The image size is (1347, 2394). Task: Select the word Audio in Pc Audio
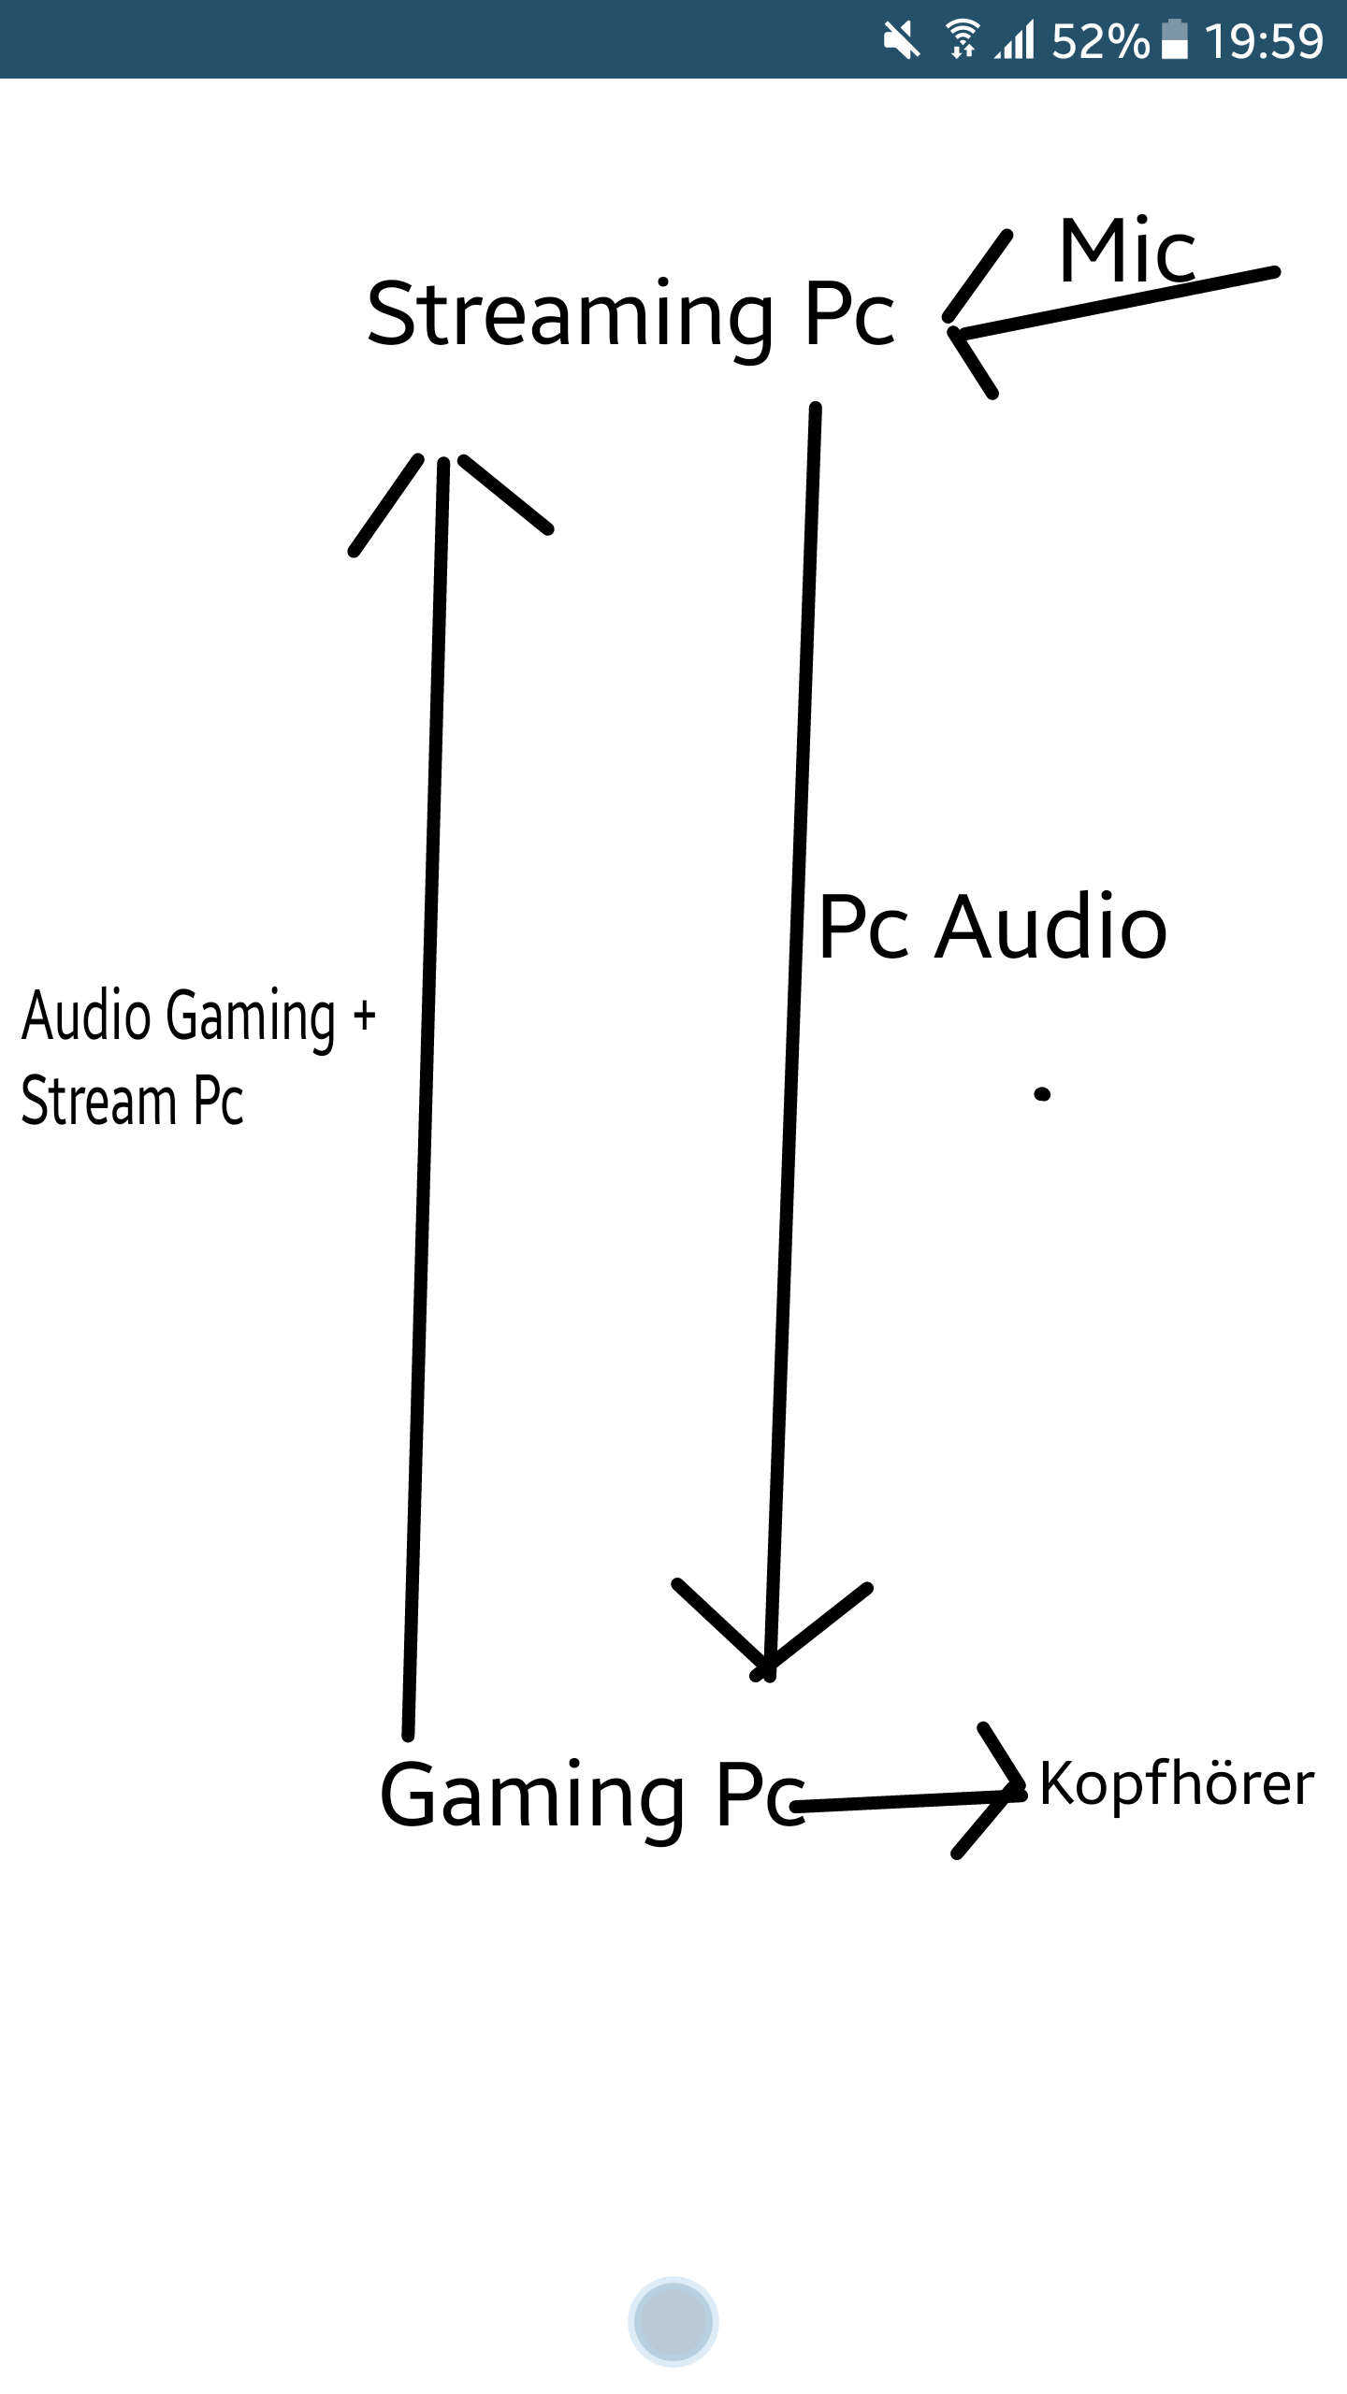pyautogui.click(x=1051, y=928)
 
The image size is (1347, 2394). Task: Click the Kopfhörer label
pyautogui.click(x=1177, y=1784)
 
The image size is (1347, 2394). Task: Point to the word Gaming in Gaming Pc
pyautogui.click(x=531, y=1795)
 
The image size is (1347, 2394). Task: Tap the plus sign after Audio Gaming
pyautogui.click(x=364, y=1016)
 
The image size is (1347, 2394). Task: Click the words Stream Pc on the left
pyautogui.click(x=132, y=1102)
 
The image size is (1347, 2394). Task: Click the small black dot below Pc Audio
pyautogui.click(x=1042, y=1093)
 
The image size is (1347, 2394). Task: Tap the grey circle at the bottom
pyautogui.click(x=673, y=2321)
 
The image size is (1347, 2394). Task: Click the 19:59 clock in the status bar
pyautogui.click(x=1263, y=41)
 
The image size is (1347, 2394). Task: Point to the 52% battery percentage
pyautogui.click(x=1100, y=41)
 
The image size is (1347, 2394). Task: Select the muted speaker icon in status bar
pyautogui.click(x=902, y=39)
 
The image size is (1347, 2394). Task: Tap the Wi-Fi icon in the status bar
pyautogui.click(x=962, y=39)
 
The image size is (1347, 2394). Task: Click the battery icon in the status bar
pyautogui.click(x=1174, y=39)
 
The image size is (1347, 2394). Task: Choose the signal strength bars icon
pyautogui.click(x=1015, y=41)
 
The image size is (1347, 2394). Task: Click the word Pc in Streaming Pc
pyautogui.click(x=849, y=316)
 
